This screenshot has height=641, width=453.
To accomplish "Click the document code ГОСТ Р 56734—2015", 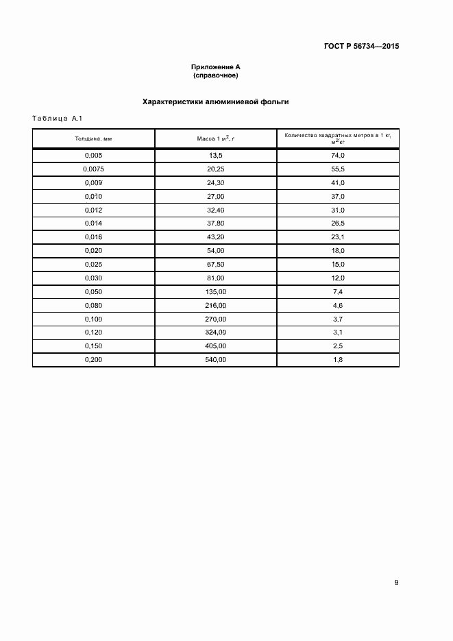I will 361,47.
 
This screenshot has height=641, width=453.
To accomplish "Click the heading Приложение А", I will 215,66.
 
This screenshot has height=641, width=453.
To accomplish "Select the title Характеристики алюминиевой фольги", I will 215,101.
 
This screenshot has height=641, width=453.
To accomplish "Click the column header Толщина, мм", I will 93,138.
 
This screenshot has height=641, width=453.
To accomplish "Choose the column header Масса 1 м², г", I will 215,138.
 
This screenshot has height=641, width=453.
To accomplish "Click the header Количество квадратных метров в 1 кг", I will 337,136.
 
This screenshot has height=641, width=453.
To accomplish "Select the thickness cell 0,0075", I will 93,169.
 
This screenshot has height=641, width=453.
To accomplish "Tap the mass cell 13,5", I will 215,156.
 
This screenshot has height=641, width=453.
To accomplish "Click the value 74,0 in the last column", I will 337,156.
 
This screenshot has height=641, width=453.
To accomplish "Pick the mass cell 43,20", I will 215,237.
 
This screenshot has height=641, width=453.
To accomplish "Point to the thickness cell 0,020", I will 93,250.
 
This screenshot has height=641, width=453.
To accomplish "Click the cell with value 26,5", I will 337,223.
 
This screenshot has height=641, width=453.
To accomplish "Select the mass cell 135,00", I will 215,291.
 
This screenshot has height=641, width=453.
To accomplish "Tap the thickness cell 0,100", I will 93,319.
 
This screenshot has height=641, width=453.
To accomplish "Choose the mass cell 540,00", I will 215,359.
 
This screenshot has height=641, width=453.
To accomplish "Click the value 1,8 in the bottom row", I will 337,359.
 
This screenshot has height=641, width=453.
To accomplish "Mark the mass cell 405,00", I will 215,346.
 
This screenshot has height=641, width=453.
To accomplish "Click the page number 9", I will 396,583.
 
